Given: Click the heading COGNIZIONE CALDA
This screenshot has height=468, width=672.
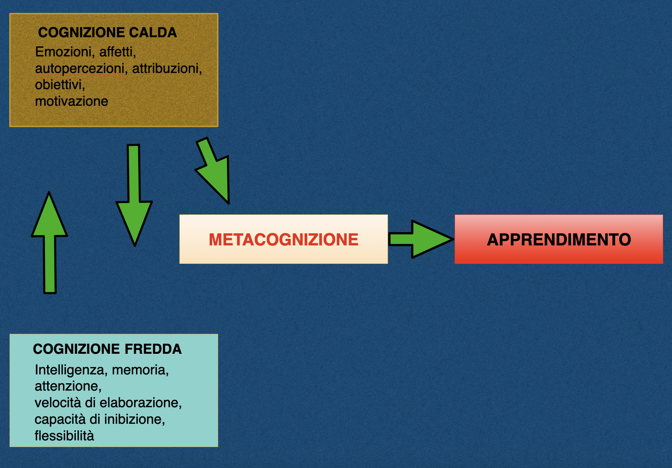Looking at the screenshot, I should click(x=107, y=33).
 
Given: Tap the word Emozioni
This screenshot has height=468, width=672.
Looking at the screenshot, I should click(x=63, y=52).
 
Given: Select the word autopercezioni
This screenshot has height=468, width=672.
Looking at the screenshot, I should click(x=80, y=69).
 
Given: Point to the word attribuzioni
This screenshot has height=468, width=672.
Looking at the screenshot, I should click(x=167, y=69).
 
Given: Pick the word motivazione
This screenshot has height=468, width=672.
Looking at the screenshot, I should click(x=71, y=101).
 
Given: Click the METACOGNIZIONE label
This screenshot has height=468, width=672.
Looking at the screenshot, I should click(x=283, y=240).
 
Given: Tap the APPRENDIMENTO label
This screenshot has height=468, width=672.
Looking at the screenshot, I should click(x=559, y=240).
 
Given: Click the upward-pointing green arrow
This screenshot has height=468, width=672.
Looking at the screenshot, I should click(x=49, y=243).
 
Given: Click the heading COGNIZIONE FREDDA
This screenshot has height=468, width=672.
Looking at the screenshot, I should click(x=107, y=349).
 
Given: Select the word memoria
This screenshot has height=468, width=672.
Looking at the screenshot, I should click(x=140, y=370).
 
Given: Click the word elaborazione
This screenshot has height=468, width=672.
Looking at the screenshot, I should click(x=141, y=403).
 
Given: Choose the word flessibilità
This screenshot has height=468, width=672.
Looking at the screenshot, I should click(x=64, y=436).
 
